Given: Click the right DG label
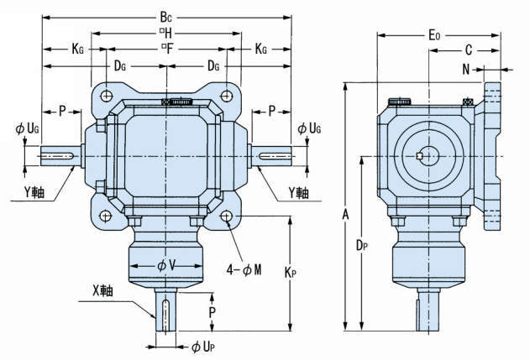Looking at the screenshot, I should (x=213, y=65).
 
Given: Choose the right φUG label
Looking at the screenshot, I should (x=308, y=128).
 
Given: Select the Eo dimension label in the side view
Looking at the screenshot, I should (x=433, y=35).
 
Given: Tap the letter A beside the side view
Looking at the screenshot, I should (x=345, y=215).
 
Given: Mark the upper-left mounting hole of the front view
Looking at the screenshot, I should (x=107, y=96).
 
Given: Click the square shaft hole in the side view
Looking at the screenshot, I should (x=419, y=156).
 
